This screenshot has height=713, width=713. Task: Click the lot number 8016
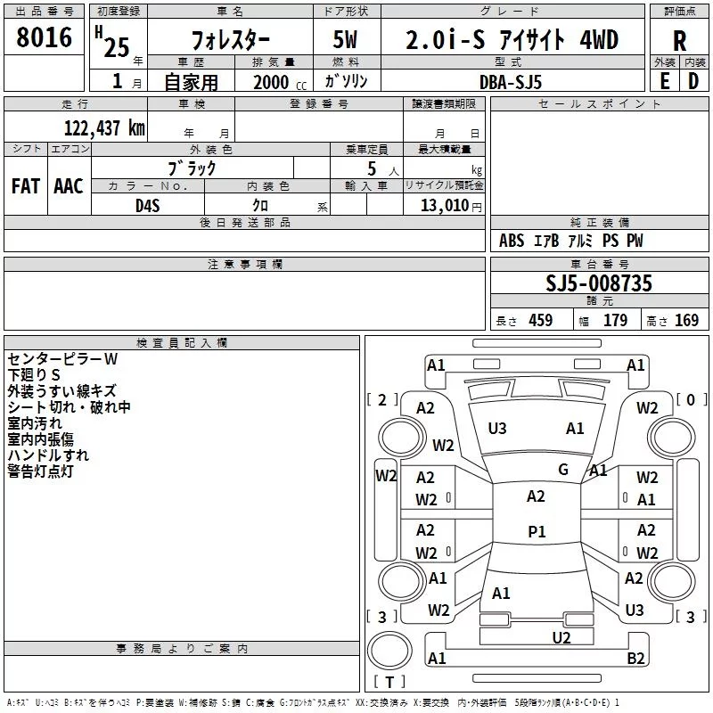(44, 37)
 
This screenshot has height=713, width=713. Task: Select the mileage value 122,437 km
(104, 128)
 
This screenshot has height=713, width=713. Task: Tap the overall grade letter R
(679, 41)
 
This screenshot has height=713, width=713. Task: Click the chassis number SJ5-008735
(599, 283)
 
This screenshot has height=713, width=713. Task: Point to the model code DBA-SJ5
(511, 82)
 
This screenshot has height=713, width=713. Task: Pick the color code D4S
(148, 206)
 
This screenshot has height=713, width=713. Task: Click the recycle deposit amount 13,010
(445, 206)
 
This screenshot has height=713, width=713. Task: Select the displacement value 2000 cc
(280, 82)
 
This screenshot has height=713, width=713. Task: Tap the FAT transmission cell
(26, 186)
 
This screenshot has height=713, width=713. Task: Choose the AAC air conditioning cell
(69, 186)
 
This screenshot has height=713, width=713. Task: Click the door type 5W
(345, 39)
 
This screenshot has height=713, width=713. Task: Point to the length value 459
(541, 320)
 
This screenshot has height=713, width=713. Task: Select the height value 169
(686, 320)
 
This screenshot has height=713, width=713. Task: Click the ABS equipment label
(512, 241)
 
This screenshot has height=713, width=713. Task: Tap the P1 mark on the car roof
(537, 531)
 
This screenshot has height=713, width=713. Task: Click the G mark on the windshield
(563, 470)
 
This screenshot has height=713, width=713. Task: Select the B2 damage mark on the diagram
(635, 658)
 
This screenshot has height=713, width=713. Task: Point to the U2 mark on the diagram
(561, 638)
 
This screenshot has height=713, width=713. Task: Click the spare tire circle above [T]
(389, 650)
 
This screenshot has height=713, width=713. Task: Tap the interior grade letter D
(693, 81)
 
